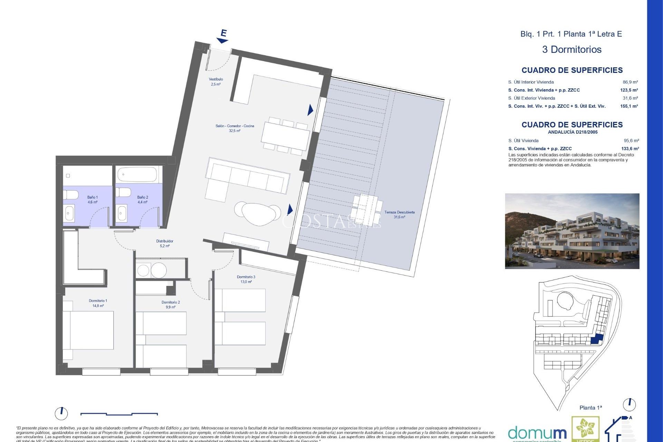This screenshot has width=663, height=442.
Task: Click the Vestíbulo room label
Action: tap(215, 81)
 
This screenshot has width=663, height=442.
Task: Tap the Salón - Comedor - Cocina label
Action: tap(234, 128)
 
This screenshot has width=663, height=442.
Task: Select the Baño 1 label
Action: tap(92, 200)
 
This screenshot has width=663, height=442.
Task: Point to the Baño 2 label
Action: tap(142, 200)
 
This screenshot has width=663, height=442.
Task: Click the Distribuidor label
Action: tap(165, 243)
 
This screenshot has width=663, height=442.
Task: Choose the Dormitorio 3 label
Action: tap(246, 279)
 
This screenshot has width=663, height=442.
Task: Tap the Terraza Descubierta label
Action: tap(399, 214)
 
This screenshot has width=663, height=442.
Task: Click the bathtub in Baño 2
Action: tap(137, 174)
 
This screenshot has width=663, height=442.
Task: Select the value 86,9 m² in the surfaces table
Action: tap(630, 82)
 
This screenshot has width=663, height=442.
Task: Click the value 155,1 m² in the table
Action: tap(629, 106)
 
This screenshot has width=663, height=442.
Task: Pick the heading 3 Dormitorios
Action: tap(571, 49)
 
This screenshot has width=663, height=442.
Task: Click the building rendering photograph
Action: tap(572, 231)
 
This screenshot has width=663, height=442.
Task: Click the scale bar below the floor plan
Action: tap(119, 413)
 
